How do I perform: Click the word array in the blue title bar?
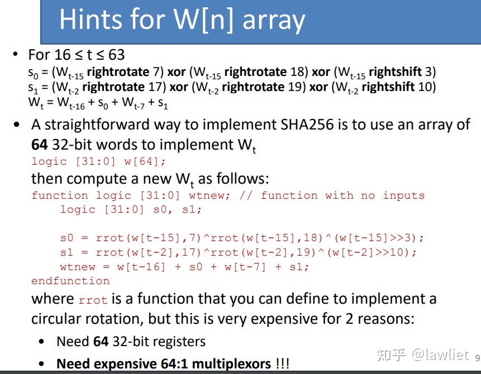274,21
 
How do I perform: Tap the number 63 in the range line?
116,55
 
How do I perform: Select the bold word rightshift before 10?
388,87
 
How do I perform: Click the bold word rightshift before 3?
395,71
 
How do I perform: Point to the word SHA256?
307,124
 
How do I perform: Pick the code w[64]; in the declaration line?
145,161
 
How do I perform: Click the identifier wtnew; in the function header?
209,195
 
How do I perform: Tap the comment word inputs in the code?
404,195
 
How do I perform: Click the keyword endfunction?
70,281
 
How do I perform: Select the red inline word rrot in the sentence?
93,300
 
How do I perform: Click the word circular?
58,319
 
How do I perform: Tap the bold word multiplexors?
231,364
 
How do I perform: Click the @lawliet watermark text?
441,354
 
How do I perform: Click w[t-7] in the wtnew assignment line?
245,267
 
